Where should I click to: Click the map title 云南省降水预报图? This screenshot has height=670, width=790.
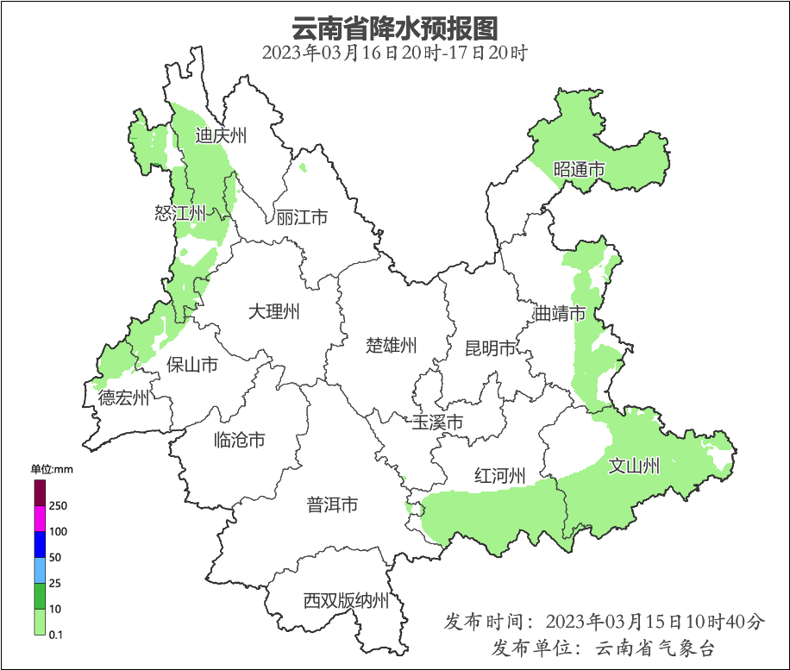tap(394, 28)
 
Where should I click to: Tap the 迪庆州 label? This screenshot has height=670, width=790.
tap(221, 135)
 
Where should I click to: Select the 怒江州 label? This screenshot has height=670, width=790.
tap(180, 213)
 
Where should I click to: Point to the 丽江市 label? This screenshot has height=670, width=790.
tap(302, 217)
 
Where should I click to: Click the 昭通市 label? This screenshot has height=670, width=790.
tap(579, 170)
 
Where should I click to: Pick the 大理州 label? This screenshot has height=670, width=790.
tap(273, 311)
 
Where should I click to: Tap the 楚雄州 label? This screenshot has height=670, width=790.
tap(392, 346)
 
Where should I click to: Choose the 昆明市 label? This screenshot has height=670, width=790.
tap(490, 348)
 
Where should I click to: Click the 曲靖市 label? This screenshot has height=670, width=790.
tap(560, 313)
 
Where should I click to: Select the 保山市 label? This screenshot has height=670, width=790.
tap(191, 365)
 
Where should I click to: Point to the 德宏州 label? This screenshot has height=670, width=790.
tap(123, 398)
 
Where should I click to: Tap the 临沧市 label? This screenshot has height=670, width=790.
tap(239, 441)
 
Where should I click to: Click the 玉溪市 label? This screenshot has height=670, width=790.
tap(437, 423)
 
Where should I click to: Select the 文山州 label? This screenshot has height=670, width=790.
tap(634, 466)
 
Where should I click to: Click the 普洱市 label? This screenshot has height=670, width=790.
tap(332, 505)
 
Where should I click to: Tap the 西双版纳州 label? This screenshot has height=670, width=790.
tap(346, 601)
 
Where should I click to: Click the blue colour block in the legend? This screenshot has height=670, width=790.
tap(40, 544)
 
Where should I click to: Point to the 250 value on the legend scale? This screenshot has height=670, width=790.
tap(59, 505)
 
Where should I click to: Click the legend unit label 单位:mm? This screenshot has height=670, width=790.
tap(53, 470)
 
